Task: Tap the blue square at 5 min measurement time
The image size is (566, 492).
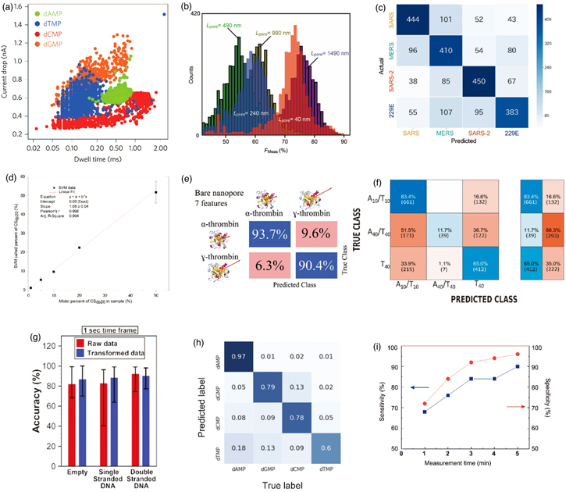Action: point(539,366)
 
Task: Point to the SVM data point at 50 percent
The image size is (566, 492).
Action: point(155,192)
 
